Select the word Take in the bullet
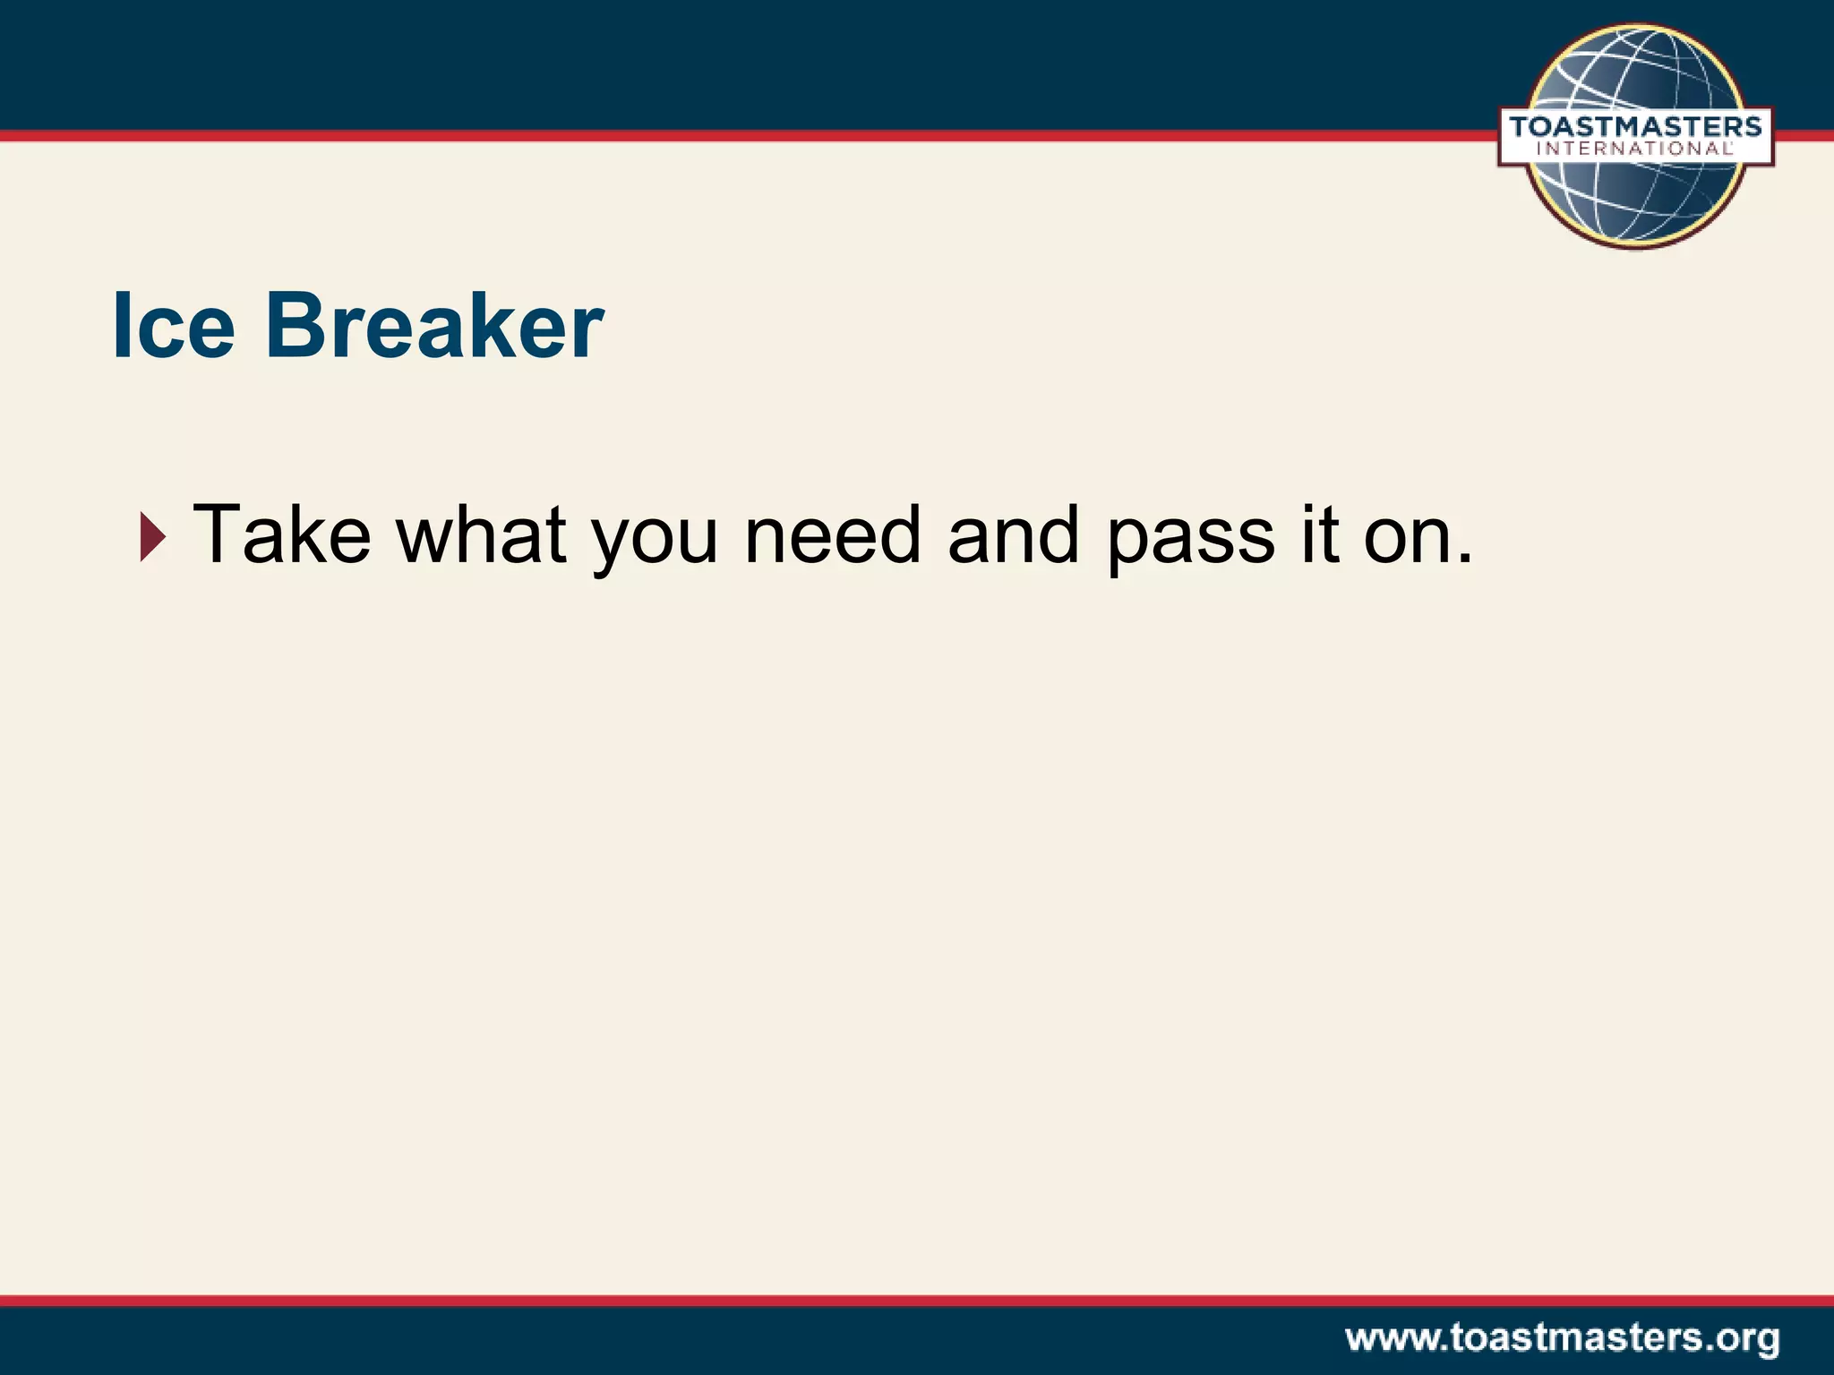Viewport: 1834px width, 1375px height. (x=281, y=535)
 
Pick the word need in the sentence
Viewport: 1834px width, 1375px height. (x=833, y=535)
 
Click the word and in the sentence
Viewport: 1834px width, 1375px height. (x=1013, y=535)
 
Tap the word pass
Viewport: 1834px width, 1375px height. (x=1190, y=542)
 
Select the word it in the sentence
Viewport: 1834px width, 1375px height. (x=1319, y=535)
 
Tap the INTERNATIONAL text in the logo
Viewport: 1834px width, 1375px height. (x=1635, y=149)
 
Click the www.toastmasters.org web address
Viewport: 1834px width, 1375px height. (x=1562, y=1339)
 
